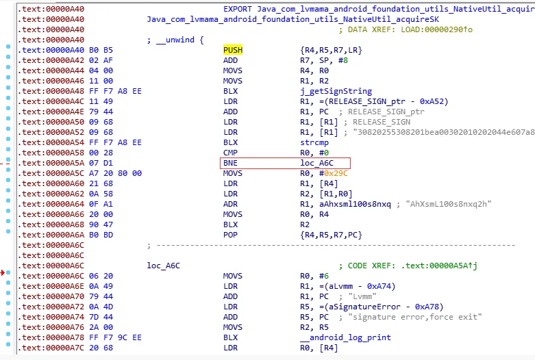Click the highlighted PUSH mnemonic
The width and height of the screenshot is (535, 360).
coord(233,51)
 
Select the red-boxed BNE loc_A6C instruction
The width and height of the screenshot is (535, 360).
coord(285,164)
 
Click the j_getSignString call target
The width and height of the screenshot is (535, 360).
coord(336,91)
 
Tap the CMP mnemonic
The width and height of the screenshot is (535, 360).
coord(231,153)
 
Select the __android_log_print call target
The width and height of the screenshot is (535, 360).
coord(345,337)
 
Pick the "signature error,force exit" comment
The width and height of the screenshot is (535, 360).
coord(414,317)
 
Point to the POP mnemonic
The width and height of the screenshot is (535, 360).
coord(231,235)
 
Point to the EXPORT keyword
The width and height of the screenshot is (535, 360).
coord(238,10)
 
